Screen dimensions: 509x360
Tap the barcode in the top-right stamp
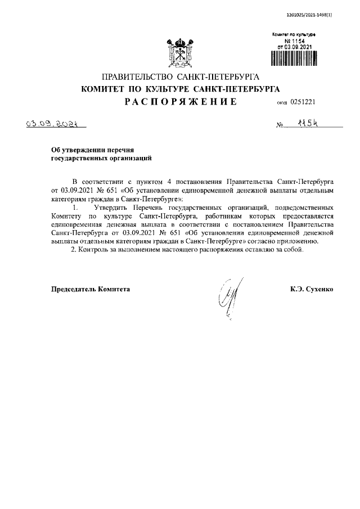(295, 60)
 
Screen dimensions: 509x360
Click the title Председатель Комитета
(91, 289)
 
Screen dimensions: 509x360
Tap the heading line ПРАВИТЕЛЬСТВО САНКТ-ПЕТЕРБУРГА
(179, 76)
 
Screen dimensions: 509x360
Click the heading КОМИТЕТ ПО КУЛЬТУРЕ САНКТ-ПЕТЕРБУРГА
(180, 89)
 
